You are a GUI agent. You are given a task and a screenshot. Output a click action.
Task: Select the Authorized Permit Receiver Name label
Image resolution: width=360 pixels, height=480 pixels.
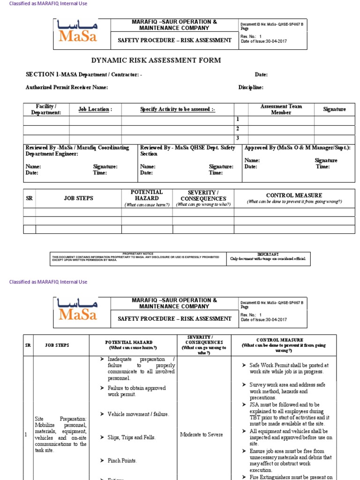click(x=67, y=88)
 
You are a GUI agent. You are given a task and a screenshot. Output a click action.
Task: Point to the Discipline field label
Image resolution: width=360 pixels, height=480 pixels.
click(x=250, y=88)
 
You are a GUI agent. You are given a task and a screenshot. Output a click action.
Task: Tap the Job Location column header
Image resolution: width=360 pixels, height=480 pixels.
click(x=95, y=109)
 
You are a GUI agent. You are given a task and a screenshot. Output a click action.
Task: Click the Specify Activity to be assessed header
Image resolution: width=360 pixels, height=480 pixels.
click(x=178, y=109)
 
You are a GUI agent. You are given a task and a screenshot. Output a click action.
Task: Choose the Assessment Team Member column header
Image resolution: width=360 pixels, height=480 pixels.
click(x=281, y=109)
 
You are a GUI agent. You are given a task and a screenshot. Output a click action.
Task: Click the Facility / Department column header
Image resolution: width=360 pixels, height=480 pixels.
click(x=46, y=109)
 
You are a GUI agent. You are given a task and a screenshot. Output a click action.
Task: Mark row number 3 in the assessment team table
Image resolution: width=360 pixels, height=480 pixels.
click(x=238, y=138)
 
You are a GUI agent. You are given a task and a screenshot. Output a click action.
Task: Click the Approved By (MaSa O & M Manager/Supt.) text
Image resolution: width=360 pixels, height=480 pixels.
click(x=297, y=148)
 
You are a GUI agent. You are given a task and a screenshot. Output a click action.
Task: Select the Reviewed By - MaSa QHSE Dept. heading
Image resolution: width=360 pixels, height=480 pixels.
click(x=187, y=150)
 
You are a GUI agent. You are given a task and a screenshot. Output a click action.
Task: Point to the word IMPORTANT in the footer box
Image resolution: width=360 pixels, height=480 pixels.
click(x=268, y=254)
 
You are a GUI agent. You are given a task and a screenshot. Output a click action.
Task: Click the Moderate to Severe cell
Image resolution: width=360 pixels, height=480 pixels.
click(x=202, y=435)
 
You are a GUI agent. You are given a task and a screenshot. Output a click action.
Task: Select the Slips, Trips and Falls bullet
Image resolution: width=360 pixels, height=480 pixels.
click(x=131, y=437)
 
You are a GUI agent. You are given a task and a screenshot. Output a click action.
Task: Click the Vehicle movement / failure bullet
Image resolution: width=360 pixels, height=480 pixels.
click(x=138, y=414)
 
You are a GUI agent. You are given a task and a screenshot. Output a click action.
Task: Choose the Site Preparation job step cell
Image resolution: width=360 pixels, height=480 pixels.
click(x=60, y=435)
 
